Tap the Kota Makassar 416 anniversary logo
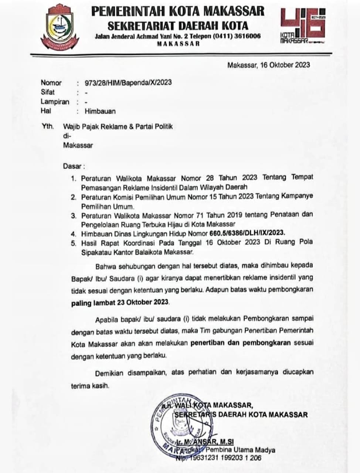303,26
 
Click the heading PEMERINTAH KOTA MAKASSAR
178,11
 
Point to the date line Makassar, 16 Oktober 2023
268,65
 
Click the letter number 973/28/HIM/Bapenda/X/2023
128,82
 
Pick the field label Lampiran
55,102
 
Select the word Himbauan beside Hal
100,111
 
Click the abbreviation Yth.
47,126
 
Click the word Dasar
72,166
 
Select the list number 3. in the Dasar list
74,215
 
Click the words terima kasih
90,386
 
